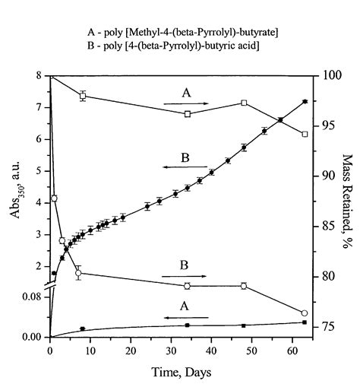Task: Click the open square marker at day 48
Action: pyautogui.click(x=244, y=103)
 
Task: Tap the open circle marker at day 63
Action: pyautogui.click(x=305, y=313)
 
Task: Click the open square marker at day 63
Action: pyautogui.click(x=305, y=134)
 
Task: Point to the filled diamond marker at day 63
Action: pyautogui.click(x=305, y=101)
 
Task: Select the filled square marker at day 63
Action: pyautogui.click(x=305, y=322)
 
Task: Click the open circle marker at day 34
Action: pyautogui.click(x=188, y=286)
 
